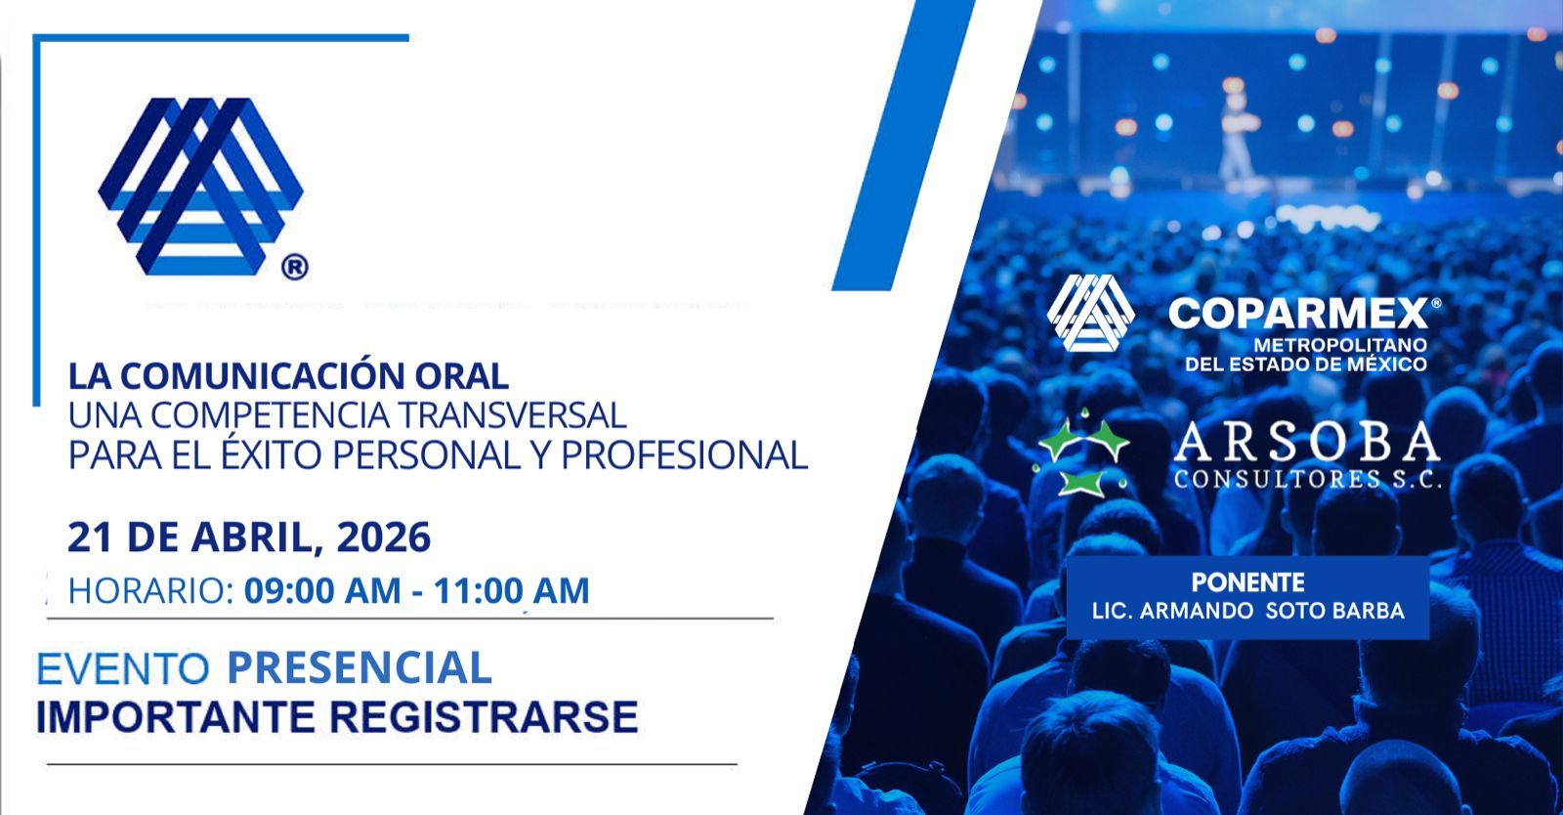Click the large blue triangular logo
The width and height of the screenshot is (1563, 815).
200,184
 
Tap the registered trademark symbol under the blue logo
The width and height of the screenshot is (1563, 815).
294,266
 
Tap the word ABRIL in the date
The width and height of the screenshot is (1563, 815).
261,537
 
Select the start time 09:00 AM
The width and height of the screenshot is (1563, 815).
322,590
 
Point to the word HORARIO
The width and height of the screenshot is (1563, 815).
148,590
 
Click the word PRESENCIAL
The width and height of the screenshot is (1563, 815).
359,668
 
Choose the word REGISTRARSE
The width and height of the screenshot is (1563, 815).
484,716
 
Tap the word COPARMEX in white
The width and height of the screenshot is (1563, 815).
1298,314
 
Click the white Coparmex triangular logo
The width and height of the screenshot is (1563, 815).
1090,312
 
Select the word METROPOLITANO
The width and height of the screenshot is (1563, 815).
1339,345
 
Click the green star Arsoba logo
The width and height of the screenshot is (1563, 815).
1082,456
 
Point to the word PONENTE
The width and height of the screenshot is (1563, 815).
1247,582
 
